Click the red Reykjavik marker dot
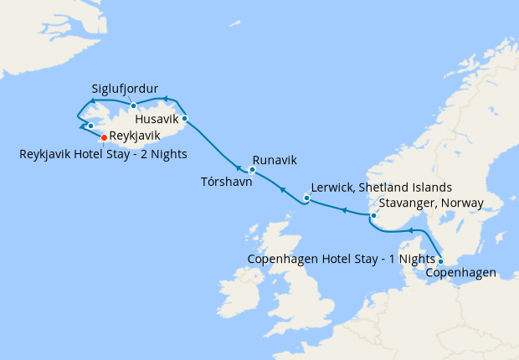coord(104,137)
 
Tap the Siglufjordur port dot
coord(133,105)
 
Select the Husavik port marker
coord(184,119)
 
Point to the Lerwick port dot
coord(306,199)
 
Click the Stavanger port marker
coord(374,217)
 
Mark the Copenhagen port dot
coord(441,260)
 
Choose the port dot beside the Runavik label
coord(252,170)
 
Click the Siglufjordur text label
coord(126,88)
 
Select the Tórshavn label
coord(227,181)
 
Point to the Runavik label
coord(275,160)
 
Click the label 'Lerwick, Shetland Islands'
coord(381,187)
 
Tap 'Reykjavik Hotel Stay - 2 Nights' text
coord(104,153)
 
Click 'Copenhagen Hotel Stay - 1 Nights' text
coord(342,259)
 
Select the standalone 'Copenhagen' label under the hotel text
coord(461,273)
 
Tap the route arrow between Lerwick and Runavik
coord(282,190)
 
